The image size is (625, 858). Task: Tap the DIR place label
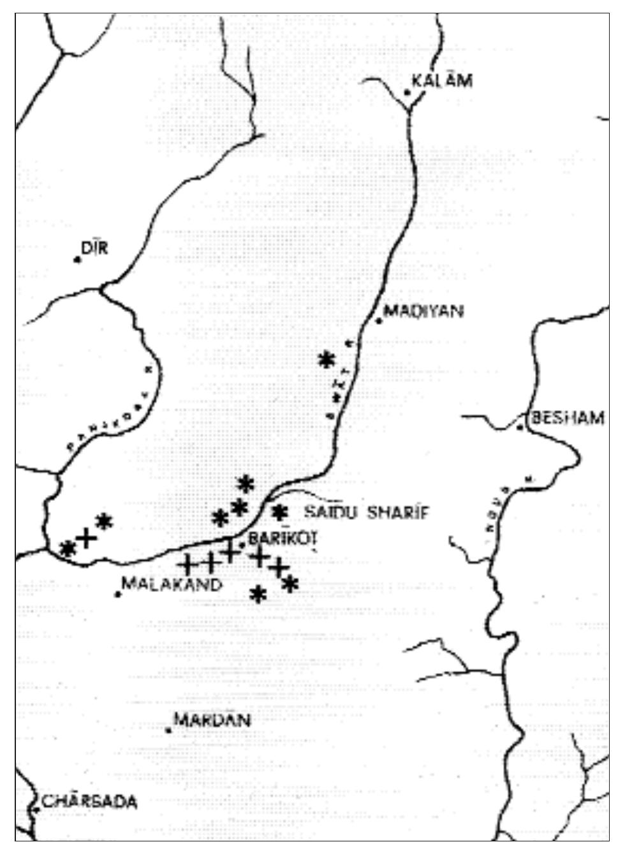coord(94,248)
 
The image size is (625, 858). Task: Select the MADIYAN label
coord(423,311)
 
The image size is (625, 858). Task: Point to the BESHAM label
coord(568,418)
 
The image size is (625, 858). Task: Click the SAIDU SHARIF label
coord(366,512)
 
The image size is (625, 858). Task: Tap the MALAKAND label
coord(172,584)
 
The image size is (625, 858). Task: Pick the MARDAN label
coord(212,720)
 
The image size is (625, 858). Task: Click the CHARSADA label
coord(89,801)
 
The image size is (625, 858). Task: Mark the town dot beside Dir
coord(77,259)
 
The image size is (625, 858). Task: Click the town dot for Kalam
coord(407,93)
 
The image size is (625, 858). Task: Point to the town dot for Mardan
coord(168,730)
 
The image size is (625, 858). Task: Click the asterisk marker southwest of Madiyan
coord(327,359)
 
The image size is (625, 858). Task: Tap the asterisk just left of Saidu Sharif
coord(279,512)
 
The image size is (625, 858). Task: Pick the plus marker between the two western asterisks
coord(85,538)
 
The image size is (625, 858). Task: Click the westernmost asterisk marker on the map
coord(66,548)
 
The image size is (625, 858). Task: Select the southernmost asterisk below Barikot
coord(258,595)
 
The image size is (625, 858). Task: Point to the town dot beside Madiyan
coord(378,321)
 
